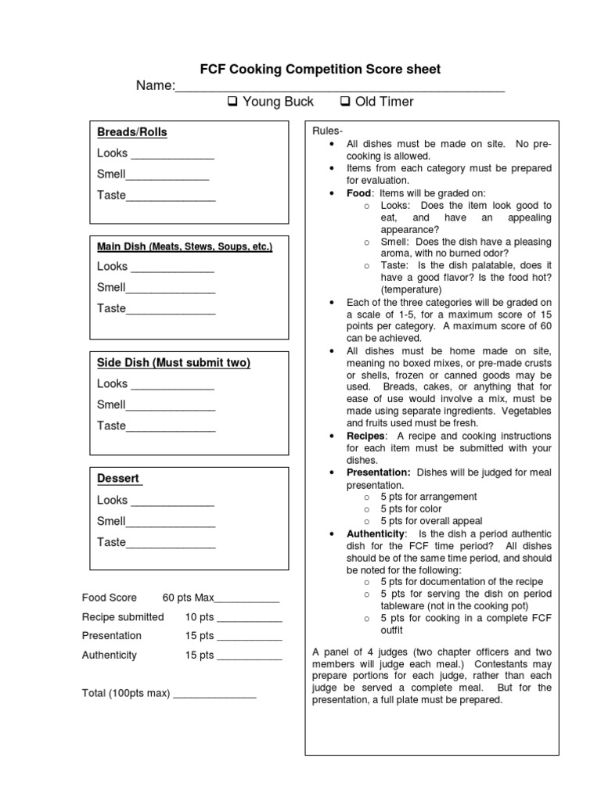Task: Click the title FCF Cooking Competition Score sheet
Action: click(x=320, y=70)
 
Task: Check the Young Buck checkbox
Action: click(x=232, y=102)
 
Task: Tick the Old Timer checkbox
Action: click(x=345, y=102)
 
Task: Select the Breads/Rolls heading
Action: click(x=132, y=132)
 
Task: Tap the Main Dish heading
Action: click(x=185, y=246)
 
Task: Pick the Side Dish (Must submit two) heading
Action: click(x=174, y=363)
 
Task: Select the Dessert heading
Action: click(x=119, y=478)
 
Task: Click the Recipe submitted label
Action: click(x=123, y=617)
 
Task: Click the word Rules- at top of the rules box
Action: click(x=327, y=131)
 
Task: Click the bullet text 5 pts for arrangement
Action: click(x=428, y=497)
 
